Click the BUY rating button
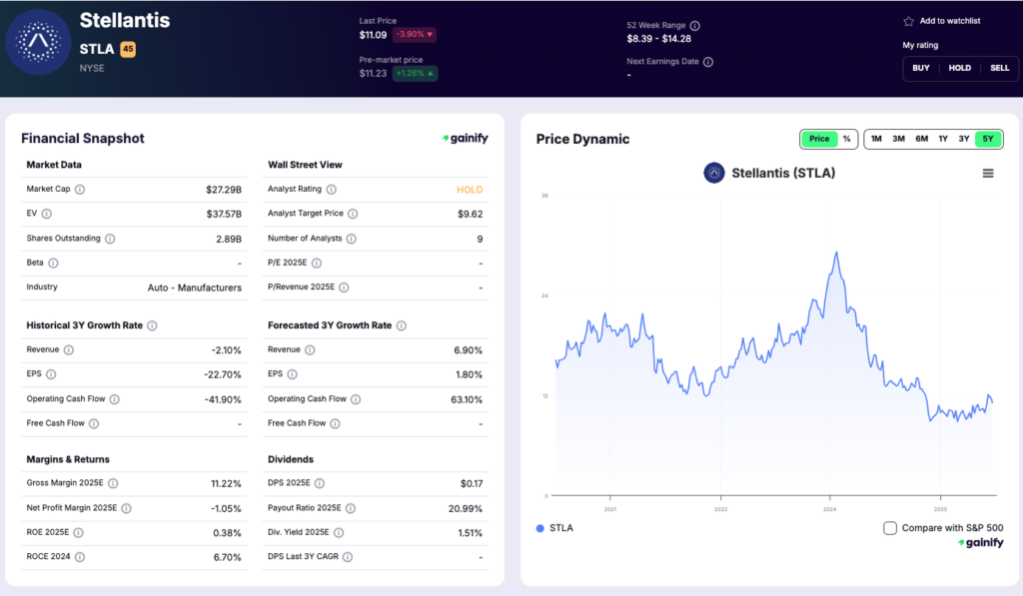[921, 68]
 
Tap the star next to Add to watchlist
[908, 21]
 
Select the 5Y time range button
[988, 139]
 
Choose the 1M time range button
[876, 139]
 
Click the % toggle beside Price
[846, 139]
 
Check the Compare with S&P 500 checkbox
[890, 528]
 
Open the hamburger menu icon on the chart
[988, 173]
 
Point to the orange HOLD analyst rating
[469, 189]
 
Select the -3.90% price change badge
[414, 35]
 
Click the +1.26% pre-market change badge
[415, 73]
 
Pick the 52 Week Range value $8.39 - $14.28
[658, 39]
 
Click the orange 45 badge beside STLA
[128, 48]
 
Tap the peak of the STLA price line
[836, 253]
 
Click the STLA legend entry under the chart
[555, 528]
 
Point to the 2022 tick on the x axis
[720, 508]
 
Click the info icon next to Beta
[53, 263]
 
